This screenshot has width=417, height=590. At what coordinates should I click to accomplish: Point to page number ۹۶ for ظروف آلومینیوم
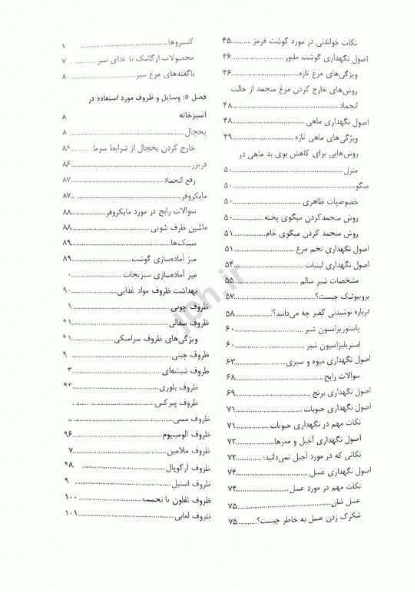[68, 434]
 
